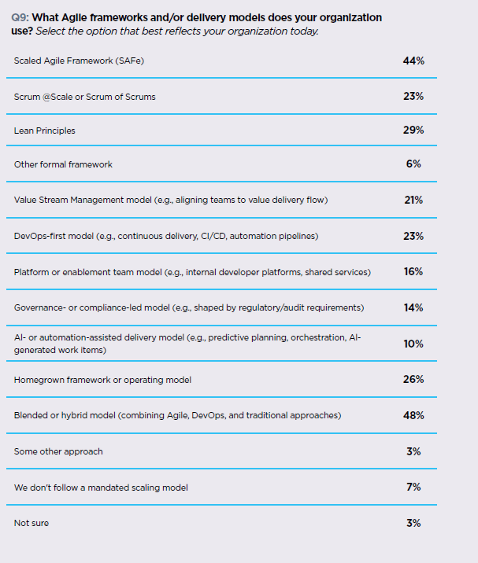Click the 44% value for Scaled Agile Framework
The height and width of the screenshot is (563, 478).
pyautogui.click(x=413, y=61)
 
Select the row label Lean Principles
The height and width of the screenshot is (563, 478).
pyautogui.click(x=45, y=131)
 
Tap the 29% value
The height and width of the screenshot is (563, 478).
pyautogui.click(x=413, y=130)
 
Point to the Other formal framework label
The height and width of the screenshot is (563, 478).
pyautogui.click(x=63, y=164)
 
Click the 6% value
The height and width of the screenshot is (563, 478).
pyautogui.click(x=413, y=164)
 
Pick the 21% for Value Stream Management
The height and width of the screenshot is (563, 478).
pyautogui.click(x=413, y=200)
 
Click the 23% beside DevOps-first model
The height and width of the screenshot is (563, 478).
pyautogui.click(x=413, y=235)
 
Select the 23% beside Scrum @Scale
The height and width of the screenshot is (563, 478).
pyautogui.click(x=413, y=96)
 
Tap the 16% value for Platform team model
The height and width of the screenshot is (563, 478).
pyautogui.click(x=413, y=271)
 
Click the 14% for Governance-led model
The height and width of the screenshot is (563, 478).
pyautogui.click(x=413, y=307)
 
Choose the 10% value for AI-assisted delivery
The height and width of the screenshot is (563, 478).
pyautogui.click(x=413, y=344)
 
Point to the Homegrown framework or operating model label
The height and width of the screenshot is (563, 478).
pyautogui.click(x=103, y=380)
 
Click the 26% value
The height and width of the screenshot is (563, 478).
pyautogui.click(x=413, y=379)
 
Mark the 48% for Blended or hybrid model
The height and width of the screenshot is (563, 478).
pyautogui.click(x=413, y=414)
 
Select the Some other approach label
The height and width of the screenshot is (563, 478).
pyautogui.click(x=58, y=451)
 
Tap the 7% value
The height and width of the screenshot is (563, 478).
pyautogui.click(x=413, y=487)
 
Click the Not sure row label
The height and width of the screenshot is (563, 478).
pyautogui.click(x=31, y=523)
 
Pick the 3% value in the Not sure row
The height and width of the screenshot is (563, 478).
pyautogui.click(x=413, y=523)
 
